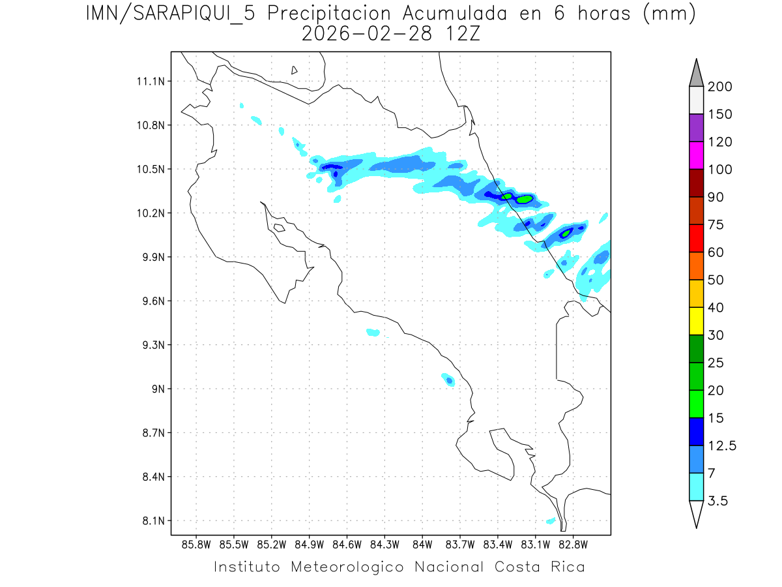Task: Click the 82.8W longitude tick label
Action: click(x=573, y=544)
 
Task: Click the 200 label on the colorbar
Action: click(x=720, y=87)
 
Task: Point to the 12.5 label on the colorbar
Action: click(x=722, y=445)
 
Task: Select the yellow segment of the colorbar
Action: click(x=696, y=321)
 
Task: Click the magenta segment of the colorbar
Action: click(x=696, y=155)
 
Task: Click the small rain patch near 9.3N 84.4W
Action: click(x=373, y=332)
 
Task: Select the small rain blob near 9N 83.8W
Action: click(x=449, y=380)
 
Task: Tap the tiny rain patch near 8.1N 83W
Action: click(x=551, y=520)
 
